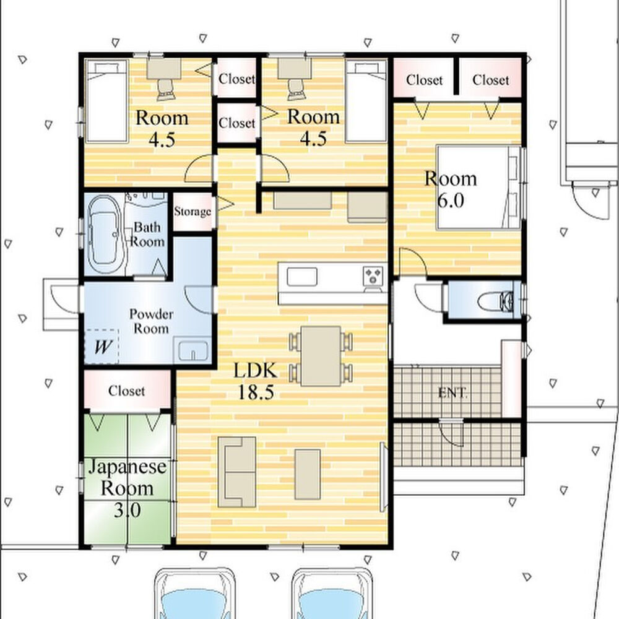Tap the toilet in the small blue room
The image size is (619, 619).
click(495, 302)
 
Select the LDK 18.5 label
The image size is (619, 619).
click(256, 381)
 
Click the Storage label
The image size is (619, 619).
click(193, 212)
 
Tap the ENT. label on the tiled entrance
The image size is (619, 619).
click(453, 393)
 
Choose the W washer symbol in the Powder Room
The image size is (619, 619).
click(102, 347)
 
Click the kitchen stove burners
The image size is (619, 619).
click(373, 275)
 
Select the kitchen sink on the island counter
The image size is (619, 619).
click(301, 276)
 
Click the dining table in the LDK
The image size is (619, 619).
click(321, 356)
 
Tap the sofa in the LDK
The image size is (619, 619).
click(237, 472)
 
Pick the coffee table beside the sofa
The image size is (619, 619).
click(308, 474)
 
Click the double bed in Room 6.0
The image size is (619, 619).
click(478, 187)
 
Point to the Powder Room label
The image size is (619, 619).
click(151, 321)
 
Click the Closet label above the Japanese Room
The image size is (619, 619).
click(126, 391)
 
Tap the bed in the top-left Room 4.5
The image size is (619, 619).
click(106, 101)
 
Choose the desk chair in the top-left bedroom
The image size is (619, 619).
click(166, 89)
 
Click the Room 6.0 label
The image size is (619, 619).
click(451, 189)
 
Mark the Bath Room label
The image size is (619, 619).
click(147, 234)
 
